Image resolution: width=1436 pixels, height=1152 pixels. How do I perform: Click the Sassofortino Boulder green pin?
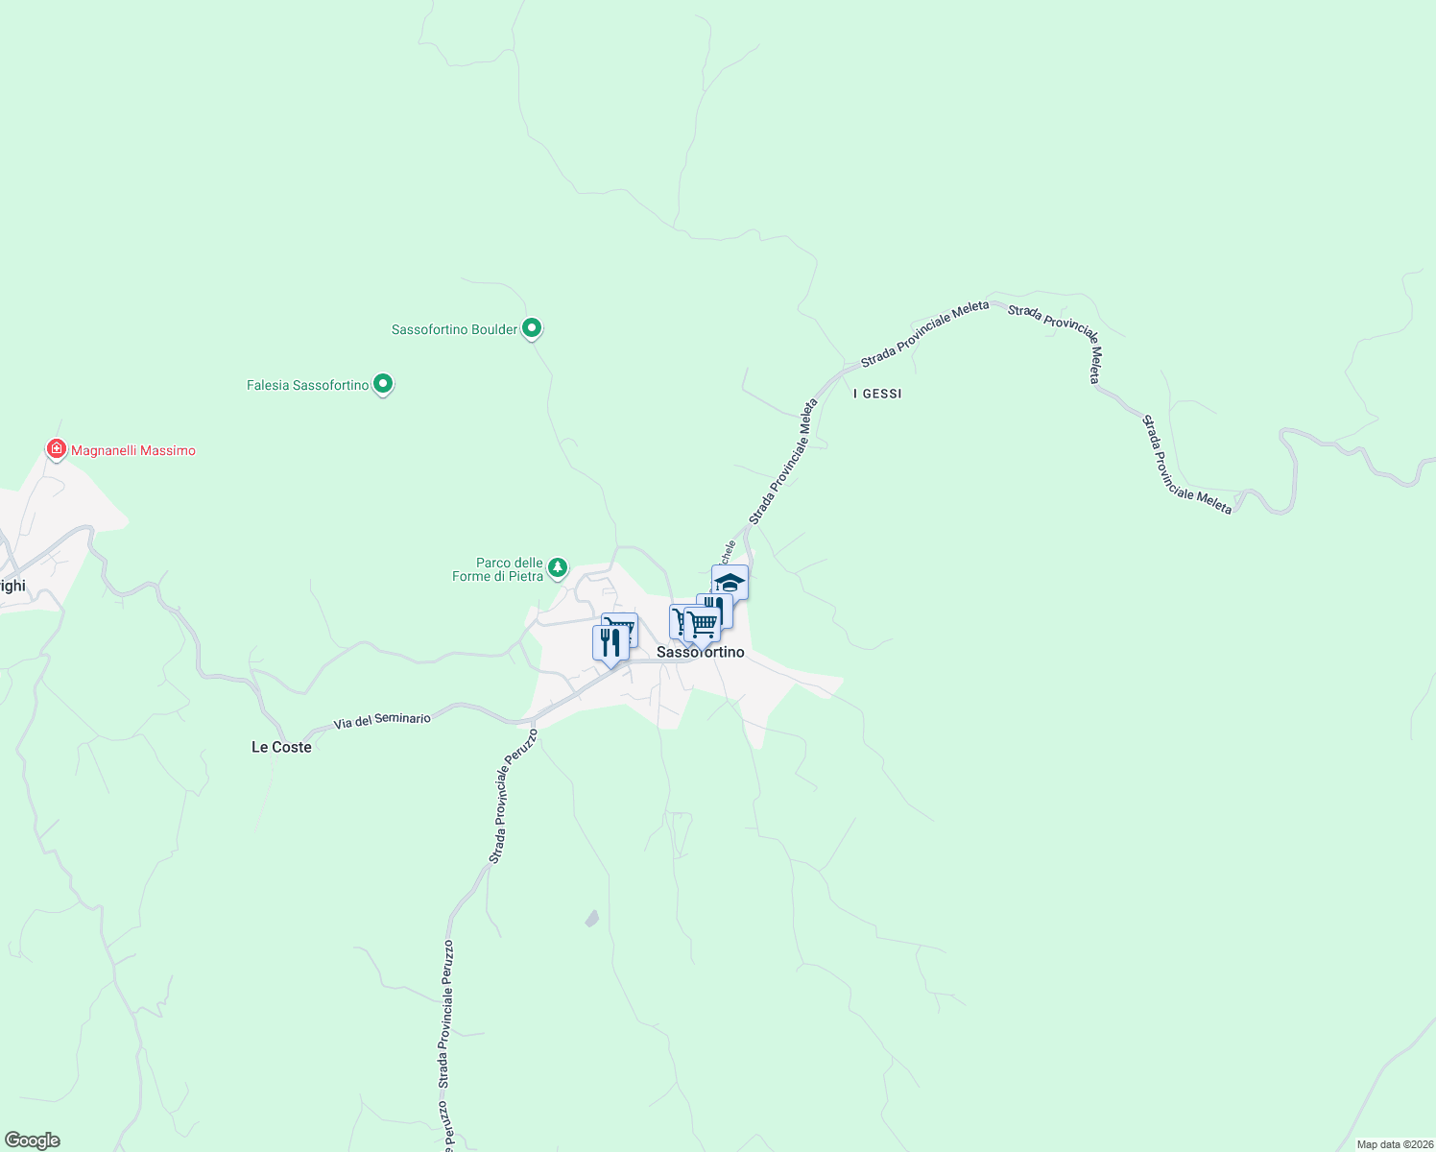(x=531, y=328)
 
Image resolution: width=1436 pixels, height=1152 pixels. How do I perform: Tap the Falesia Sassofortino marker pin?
(x=383, y=384)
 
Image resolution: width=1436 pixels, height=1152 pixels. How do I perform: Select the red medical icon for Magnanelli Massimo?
(x=57, y=448)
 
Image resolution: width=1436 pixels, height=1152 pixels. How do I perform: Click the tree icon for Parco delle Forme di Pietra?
(x=557, y=568)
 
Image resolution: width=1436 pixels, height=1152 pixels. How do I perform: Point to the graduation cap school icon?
(x=730, y=582)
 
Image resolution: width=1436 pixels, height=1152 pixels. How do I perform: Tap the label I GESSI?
(x=877, y=394)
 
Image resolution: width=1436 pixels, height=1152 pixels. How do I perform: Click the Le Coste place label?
(x=281, y=747)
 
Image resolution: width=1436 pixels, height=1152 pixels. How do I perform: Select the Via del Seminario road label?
(x=382, y=719)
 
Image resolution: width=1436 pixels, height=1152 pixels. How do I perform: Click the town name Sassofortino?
(x=701, y=653)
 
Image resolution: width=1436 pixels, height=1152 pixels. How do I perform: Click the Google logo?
(x=33, y=1140)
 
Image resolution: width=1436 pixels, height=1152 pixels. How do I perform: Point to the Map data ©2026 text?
(x=1394, y=1144)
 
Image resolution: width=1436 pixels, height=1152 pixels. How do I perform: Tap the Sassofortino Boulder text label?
(x=454, y=329)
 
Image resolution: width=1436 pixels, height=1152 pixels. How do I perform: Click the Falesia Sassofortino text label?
(x=307, y=385)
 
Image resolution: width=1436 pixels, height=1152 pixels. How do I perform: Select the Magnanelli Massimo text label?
(x=132, y=450)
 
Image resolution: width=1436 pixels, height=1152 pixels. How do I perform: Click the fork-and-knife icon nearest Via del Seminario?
(x=610, y=641)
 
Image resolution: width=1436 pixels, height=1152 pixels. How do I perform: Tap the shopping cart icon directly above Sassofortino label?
(x=703, y=623)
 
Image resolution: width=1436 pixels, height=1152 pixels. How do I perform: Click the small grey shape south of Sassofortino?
(x=591, y=919)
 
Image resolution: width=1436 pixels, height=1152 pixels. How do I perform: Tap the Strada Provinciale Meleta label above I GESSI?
(x=924, y=334)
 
